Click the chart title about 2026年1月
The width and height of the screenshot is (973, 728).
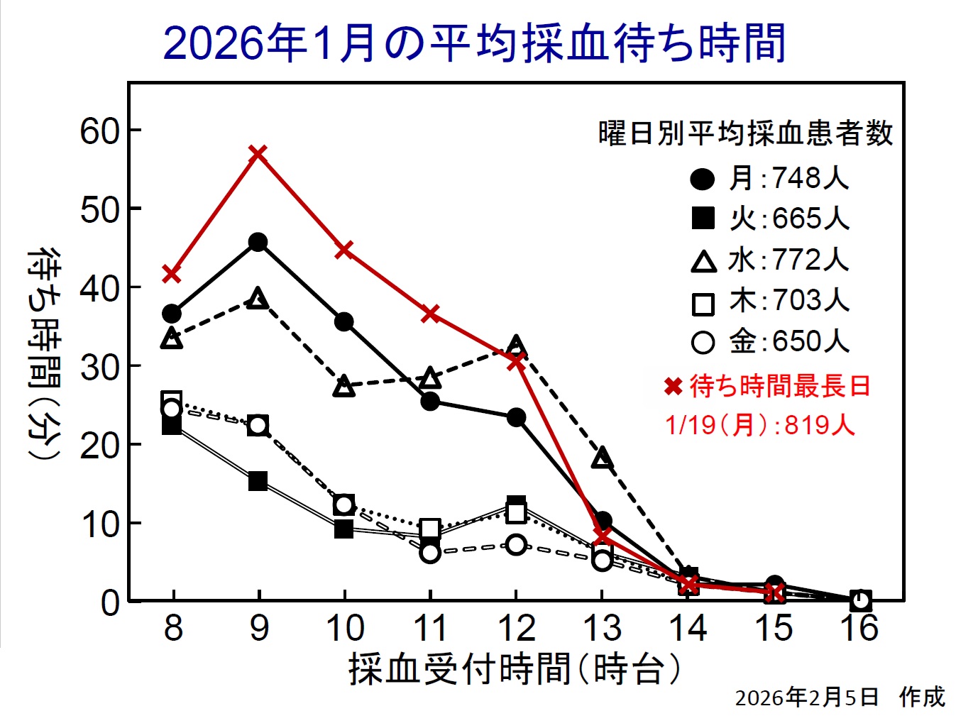(x=475, y=43)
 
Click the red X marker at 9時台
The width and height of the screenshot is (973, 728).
(x=258, y=153)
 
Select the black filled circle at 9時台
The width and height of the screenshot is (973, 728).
(x=258, y=242)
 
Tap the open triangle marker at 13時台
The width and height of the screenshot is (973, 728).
(x=603, y=458)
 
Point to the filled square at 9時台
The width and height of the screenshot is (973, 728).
(x=258, y=482)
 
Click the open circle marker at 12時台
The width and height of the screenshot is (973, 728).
(x=517, y=545)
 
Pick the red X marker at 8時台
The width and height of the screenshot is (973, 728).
(x=172, y=273)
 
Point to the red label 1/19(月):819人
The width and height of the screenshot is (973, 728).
(x=760, y=425)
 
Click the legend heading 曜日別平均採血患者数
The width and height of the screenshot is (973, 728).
(x=745, y=133)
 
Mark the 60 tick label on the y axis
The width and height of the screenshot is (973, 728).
(x=99, y=131)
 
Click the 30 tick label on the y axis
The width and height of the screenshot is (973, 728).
(x=99, y=367)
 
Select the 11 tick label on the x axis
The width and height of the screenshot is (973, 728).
(x=430, y=628)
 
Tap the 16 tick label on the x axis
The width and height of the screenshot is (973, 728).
(x=860, y=628)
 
